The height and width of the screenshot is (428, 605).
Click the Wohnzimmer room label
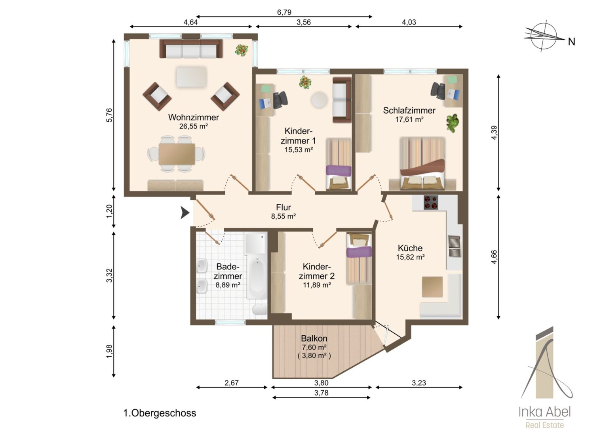coord(193,117)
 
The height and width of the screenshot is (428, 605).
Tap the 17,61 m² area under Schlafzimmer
coord(409,119)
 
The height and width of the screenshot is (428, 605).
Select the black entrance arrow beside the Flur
coord(185,212)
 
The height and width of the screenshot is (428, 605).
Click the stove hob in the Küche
coord(431,202)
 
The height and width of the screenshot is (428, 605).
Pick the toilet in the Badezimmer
coord(260,310)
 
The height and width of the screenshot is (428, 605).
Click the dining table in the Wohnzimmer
coord(177,154)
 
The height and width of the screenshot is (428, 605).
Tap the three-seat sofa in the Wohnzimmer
coord(191,49)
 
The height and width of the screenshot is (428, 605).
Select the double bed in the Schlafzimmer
coord(422,163)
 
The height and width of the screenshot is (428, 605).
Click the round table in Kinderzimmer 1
coord(320,100)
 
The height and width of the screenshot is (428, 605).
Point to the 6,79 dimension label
coord(284,12)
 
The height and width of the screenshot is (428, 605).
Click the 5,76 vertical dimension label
coord(109,115)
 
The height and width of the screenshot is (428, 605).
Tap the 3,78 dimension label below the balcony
coord(321,393)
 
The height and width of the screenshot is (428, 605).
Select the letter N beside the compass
coord(571,42)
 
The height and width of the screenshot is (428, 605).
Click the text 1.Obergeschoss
coord(160,413)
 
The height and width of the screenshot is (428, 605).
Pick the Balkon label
coord(314,338)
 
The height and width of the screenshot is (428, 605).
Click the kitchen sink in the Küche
coord(455,246)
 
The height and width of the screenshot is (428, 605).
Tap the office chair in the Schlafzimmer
coord(438,91)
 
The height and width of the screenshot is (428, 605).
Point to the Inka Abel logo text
coord(544,412)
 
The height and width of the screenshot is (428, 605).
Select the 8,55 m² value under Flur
coord(283,216)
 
